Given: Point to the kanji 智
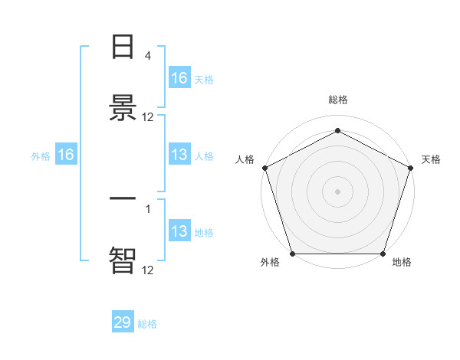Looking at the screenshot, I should (123, 260).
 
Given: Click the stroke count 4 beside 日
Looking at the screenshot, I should (147, 56).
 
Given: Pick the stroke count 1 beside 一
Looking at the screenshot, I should (147, 209).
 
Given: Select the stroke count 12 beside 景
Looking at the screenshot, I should (148, 117).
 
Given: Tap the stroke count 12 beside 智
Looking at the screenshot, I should (148, 270).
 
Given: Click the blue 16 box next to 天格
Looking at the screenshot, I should (179, 78).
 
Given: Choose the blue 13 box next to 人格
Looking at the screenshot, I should (179, 155).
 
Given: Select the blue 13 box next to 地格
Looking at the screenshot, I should (179, 231).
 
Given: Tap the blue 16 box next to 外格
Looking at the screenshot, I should (66, 155).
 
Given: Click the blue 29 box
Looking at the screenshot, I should (123, 322).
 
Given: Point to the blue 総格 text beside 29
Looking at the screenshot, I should (148, 324).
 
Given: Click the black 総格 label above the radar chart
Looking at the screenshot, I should (338, 100).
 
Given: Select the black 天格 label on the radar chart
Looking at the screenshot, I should (432, 159).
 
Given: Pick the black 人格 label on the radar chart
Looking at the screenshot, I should (245, 159).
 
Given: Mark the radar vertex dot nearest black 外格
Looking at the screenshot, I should (292, 254).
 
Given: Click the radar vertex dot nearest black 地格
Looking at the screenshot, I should (383, 254).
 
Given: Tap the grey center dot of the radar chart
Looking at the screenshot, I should (338, 191).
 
